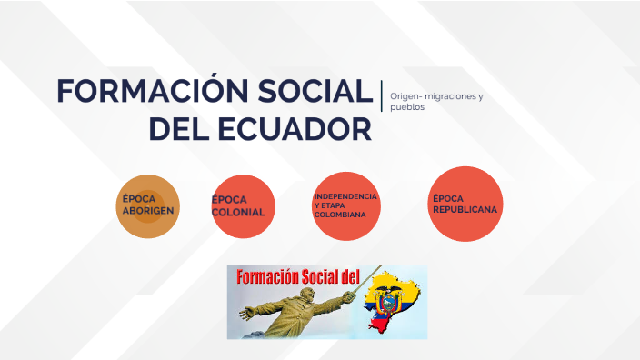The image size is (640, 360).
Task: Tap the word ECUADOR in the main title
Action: [x=288, y=128]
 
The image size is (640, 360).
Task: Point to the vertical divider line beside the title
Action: [x=382, y=95]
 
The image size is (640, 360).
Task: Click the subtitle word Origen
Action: [x=405, y=96]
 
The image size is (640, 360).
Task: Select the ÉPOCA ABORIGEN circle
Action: [x=147, y=205]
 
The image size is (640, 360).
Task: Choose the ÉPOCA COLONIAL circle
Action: [x=243, y=206]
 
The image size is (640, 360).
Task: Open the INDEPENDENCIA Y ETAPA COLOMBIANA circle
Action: [x=345, y=206]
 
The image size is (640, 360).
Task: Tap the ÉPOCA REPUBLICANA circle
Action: [x=465, y=205]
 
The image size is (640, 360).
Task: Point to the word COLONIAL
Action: [x=238, y=213]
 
